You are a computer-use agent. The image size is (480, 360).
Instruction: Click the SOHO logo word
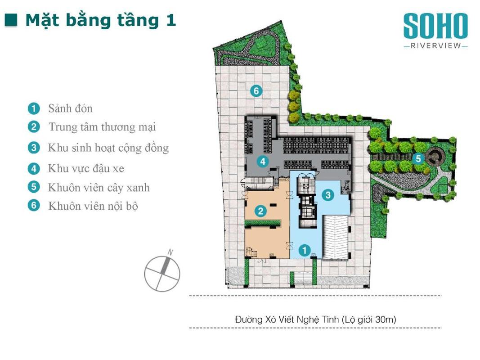[435, 26]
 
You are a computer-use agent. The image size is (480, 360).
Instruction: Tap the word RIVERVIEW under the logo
[435, 45]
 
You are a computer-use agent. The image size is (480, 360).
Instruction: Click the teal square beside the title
[11, 20]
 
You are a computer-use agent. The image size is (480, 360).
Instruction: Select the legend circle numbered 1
[34, 108]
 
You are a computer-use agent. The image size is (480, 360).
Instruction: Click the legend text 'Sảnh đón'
[71, 108]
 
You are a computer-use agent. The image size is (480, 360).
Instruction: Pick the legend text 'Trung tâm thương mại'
[102, 127]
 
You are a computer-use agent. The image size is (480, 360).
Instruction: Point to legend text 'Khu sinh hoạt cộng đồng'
[108, 148]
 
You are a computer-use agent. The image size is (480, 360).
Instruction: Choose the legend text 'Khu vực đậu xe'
[86, 168]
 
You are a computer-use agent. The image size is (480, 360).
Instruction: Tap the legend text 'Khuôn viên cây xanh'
[99, 187]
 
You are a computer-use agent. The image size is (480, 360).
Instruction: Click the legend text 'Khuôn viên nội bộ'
[93, 206]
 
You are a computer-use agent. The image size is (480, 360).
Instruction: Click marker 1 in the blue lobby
[304, 250]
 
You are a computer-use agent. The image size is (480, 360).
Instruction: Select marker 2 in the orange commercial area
[260, 211]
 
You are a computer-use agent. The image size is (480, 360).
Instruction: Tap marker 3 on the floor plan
[328, 195]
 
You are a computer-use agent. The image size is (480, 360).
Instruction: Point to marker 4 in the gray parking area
[263, 161]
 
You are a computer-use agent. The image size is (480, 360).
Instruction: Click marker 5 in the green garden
[418, 158]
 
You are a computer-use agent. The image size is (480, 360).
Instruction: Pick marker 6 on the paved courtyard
[256, 90]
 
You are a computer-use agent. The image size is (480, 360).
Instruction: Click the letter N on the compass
[170, 252]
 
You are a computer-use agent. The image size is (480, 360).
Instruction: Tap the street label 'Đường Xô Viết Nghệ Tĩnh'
[287, 319]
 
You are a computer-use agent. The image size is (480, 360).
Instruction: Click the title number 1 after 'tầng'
[171, 20]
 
